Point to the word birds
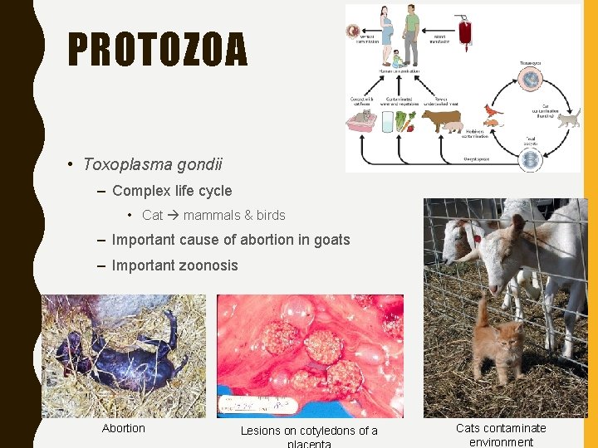271,216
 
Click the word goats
331,241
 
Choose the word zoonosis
209,265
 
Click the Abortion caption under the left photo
123,428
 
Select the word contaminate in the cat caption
516,428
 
